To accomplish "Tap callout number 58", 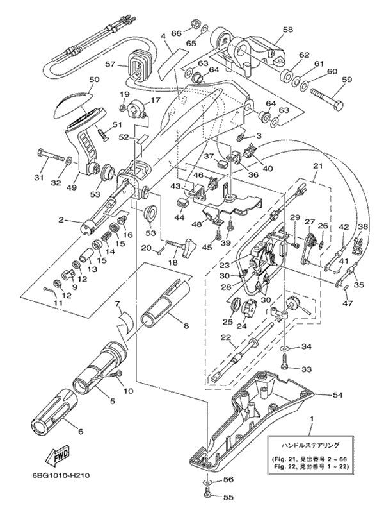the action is click(x=287, y=30).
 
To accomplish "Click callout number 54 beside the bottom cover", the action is click(x=337, y=395).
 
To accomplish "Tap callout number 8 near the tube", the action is click(x=186, y=326).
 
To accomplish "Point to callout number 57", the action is click(x=110, y=64).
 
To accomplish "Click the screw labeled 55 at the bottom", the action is click(x=207, y=494).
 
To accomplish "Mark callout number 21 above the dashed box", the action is click(x=317, y=166).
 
